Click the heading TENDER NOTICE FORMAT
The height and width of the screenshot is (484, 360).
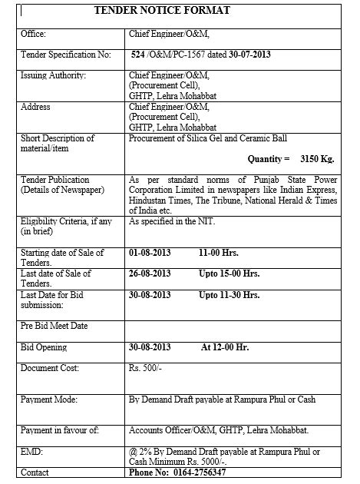161,11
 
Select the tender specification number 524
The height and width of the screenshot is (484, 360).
138,55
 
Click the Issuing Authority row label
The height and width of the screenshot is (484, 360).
54,75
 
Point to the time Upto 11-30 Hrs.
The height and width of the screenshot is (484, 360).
229,294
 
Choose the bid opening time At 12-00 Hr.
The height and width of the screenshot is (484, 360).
226,347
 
